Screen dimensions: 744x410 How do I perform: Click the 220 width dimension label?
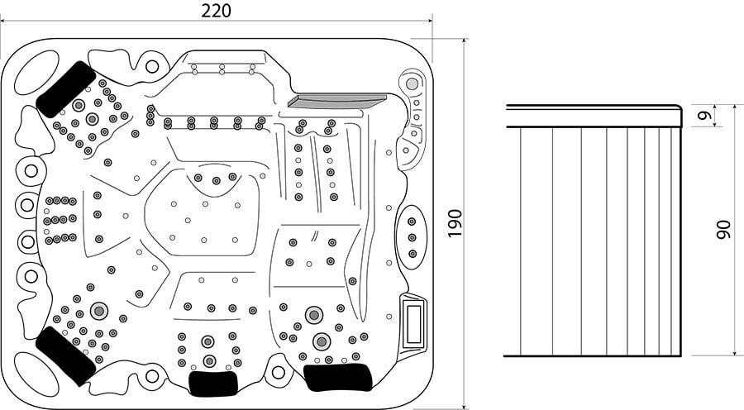tap(216, 11)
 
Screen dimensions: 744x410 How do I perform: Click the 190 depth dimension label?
tap(455, 223)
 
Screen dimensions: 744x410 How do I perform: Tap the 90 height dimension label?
tap(723, 229)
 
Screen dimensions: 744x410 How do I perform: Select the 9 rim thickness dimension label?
tap(706, 116)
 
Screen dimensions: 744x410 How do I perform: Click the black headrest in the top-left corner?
tap(66, 89)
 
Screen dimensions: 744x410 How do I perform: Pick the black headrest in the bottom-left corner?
tap(65, 355)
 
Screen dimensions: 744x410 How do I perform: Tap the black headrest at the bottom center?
tap(213, 383)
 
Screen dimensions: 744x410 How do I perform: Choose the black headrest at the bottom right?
tap(337, 378)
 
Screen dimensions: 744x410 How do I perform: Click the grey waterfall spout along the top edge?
tap(337, 101)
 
